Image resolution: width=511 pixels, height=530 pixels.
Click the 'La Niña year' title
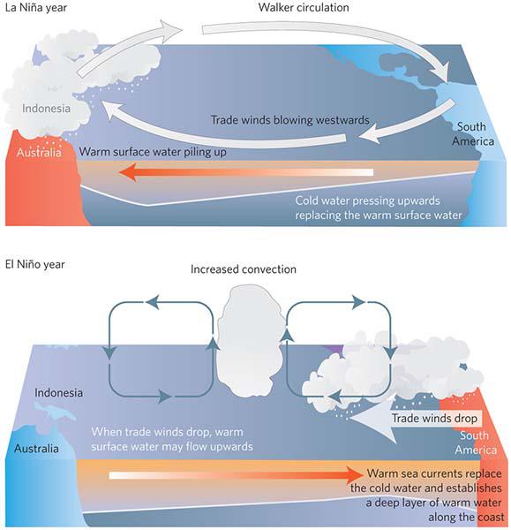pyautogui.click(x=36, y=7)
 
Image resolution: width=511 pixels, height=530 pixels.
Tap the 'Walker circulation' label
pyautogui.click(x=304, y=7)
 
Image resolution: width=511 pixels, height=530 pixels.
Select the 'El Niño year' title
pyautogui.click(x=34, y=264)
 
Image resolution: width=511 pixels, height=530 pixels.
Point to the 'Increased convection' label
pyautogui.click(x=244, y=269)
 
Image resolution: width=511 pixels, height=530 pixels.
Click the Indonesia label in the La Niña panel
pyautogui.click(x=46, y=109)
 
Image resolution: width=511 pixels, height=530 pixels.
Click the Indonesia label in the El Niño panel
pyautogui.click(x=58, y=393)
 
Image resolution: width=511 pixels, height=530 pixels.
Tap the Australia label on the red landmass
pyautogui.click(x=39, y=153)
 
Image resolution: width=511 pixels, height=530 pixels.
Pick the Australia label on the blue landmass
pyautogui.click(x=36, y=449)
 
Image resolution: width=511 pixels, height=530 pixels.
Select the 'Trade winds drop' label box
pyautogui.click(x=434, y=419)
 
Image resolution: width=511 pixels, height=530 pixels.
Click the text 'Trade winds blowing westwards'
pyautogui.click(x=290, y=120)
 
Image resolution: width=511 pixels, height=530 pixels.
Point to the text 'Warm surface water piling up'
pyautogui.click(x=153, y=152)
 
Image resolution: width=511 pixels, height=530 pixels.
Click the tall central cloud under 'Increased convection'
pyautogui.click(x=250, y=340)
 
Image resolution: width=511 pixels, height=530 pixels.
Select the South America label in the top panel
pyautogui.click(x=473, y=134)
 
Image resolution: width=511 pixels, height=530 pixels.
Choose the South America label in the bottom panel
pyautogui.click(x=476, y=443)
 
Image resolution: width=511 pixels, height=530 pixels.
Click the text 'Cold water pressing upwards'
pyautogui.click(x=367, y=201)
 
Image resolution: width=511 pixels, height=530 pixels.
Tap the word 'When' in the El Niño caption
pyautogui.click(x=105, y=432)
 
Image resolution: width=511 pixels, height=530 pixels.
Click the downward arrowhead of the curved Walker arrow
pyautogui.click(x=443, y=72)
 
